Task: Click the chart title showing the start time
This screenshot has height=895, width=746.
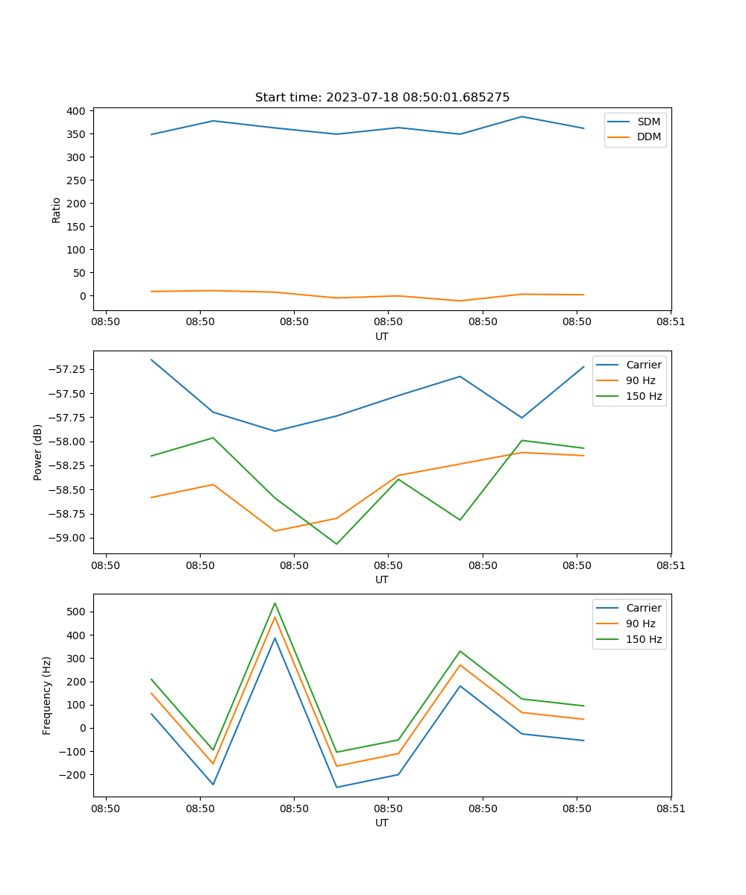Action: point(382,98)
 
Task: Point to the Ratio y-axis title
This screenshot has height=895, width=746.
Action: point(57,210)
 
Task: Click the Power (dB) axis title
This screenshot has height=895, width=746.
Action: point(38,452)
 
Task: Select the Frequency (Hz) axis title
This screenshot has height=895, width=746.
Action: point(47,695)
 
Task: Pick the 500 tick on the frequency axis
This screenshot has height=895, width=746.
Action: point(77,612)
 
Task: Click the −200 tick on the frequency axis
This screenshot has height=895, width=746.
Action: point(74,774)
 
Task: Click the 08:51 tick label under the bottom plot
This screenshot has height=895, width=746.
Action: point(671,808)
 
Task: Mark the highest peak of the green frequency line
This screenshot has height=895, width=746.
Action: point(275,603)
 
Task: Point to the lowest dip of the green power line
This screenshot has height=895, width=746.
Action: point(336,544)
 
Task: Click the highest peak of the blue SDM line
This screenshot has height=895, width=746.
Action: point(522,116)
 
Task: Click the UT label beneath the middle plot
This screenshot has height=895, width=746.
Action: point(382,580)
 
